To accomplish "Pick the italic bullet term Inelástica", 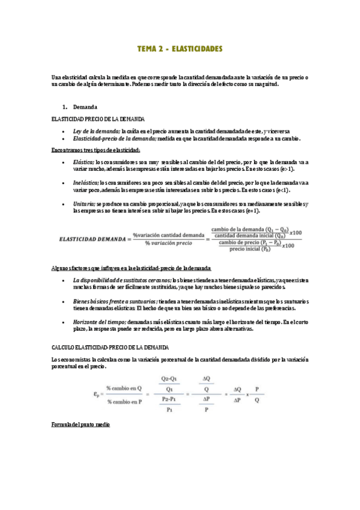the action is [85, 183].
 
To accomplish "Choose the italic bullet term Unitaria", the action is [84, 204].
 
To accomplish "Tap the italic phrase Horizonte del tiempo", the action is [99, 322].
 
